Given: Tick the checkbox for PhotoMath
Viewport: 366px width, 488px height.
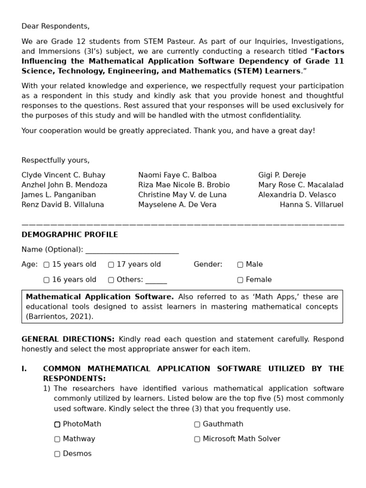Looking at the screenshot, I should coord(57,424).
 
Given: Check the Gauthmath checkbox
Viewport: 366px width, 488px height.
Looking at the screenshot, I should coord(197,424).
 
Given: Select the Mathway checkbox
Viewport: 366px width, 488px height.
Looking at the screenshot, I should coord(57,439).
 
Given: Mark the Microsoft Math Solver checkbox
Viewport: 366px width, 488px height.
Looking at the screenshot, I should coord(197,439).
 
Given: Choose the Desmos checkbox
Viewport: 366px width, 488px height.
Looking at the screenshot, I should coord(57,454).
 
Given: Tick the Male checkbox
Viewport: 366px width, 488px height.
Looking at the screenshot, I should coord(240,264).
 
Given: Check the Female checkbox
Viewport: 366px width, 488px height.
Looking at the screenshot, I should coord(240,280).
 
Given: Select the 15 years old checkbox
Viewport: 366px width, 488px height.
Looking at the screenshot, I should coord(46,264).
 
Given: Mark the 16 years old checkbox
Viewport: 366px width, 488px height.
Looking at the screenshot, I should coord(46,280).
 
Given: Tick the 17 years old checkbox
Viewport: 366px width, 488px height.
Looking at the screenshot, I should coord(111,264).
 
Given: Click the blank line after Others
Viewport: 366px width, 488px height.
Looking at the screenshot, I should coord(156,281).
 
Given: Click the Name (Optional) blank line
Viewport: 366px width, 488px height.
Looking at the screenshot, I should coord(132,251).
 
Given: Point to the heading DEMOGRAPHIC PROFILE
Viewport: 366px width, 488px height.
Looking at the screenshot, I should coord(70,234).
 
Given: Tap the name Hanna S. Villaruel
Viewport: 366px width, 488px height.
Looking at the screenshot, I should coord(311,204).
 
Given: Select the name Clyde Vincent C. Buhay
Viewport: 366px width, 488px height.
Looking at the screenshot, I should coord(63,175).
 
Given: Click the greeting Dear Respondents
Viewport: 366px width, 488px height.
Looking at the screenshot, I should coord(55,26).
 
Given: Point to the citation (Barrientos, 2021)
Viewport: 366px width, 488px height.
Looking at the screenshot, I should coord(60,316).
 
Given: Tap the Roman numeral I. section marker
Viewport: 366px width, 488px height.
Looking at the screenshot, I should coord(24,369).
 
